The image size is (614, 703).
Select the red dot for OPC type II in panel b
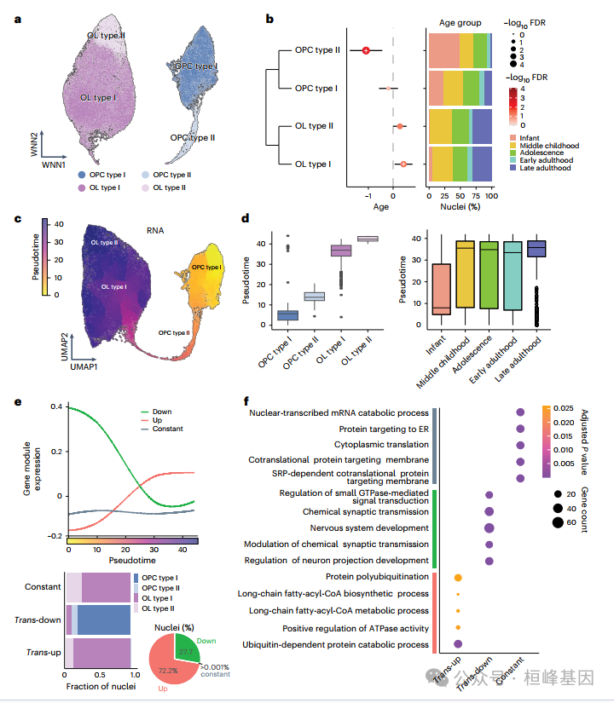tap(366, 50)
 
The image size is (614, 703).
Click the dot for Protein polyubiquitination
tap(458, 577)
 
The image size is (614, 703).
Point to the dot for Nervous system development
tap(489, 528)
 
